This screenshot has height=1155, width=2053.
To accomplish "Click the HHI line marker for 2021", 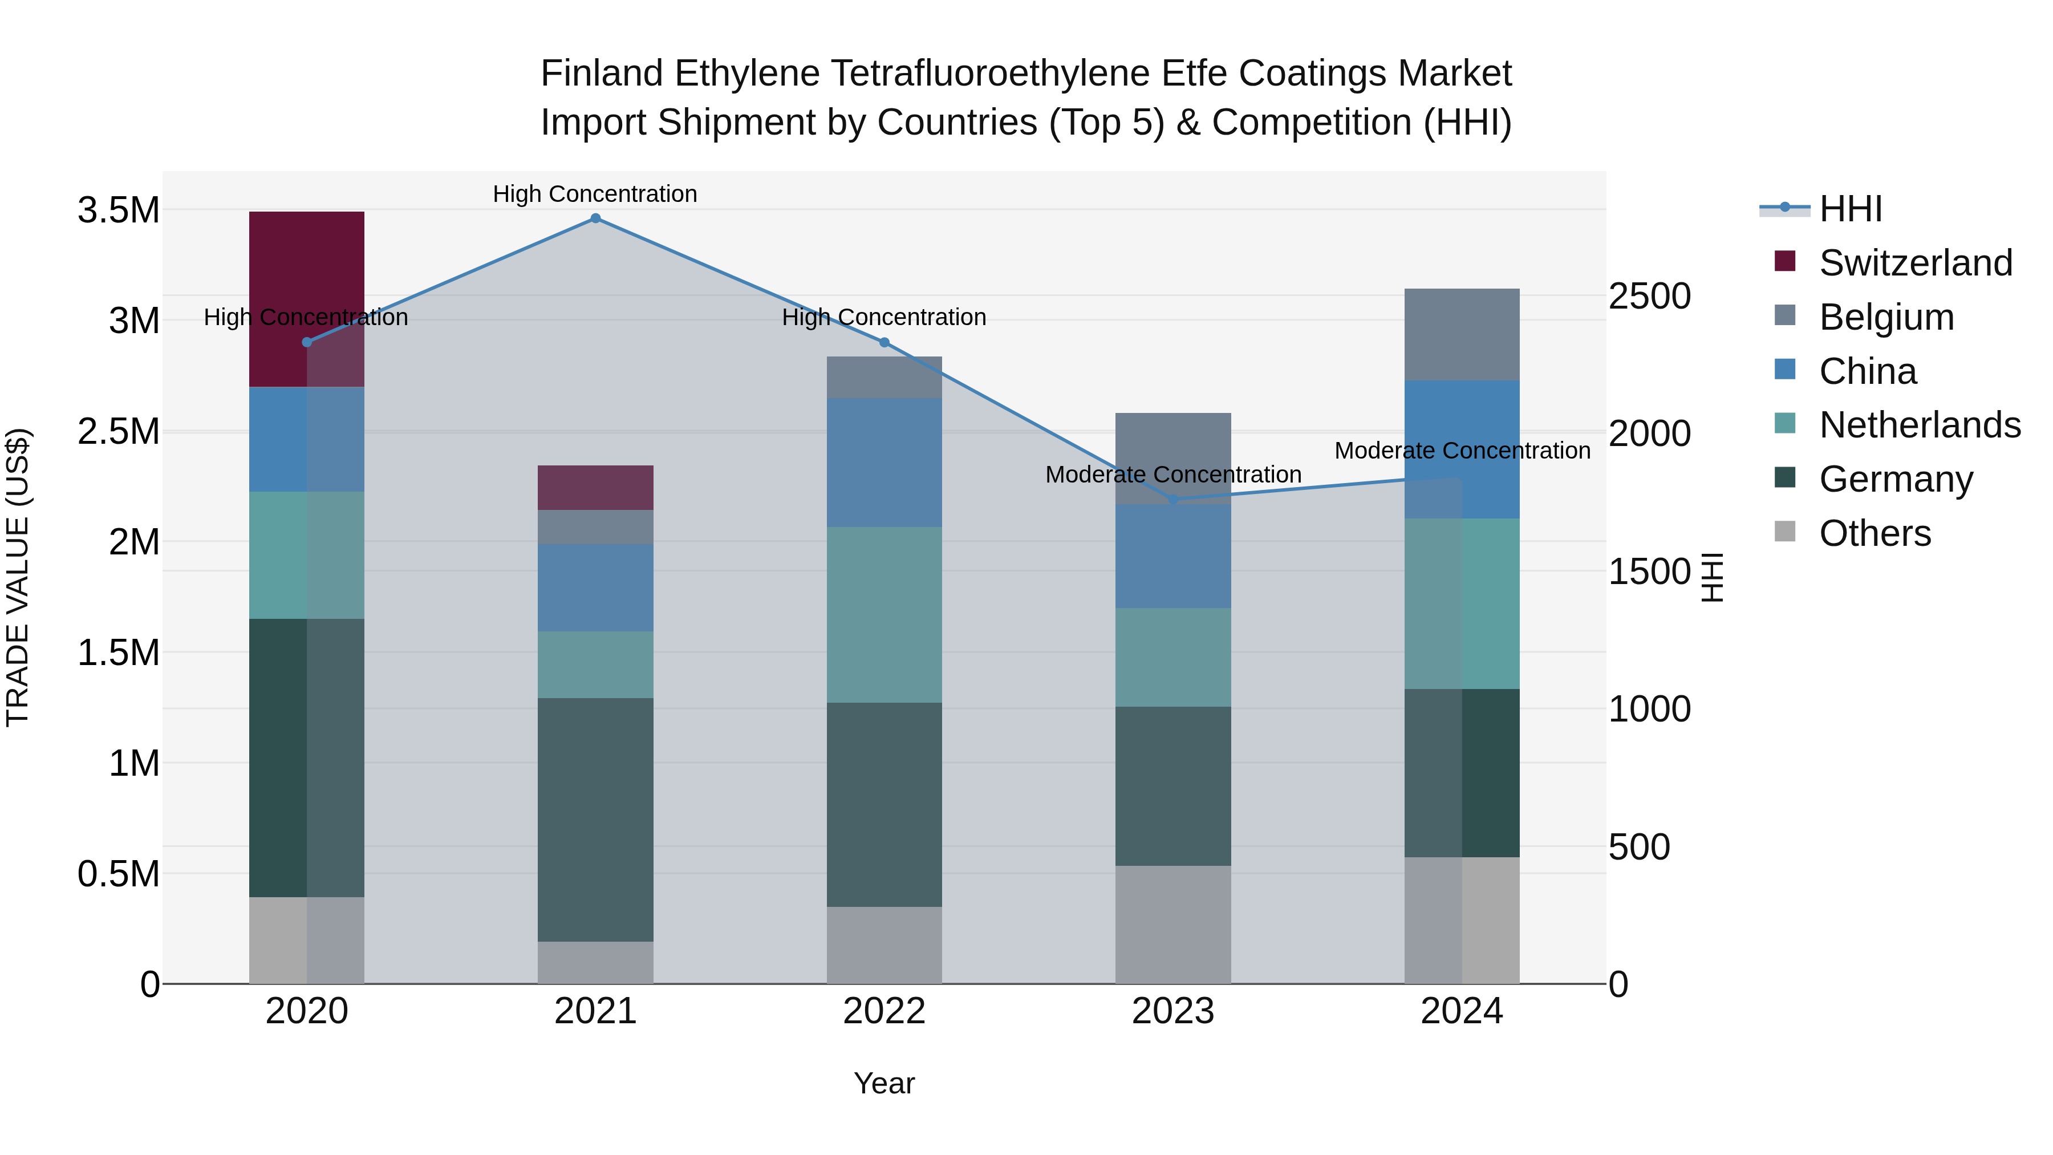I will click(595, 218).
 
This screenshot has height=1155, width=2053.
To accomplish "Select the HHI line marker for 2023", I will click(1173, 500).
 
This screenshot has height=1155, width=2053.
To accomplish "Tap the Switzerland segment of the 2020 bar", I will click(307, 299).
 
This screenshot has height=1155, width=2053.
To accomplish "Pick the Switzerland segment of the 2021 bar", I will click(595, 487).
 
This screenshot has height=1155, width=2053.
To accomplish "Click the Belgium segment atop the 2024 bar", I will click(1462, 334).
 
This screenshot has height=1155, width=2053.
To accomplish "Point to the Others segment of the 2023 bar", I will click(1173, 924).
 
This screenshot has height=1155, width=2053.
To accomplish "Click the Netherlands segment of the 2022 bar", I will click(884, 614).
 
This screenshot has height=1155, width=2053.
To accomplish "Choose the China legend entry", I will click(1867, 371).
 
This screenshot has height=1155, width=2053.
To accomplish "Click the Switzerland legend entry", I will click(1915, 263).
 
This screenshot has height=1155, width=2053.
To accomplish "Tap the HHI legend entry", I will click(1851, 209).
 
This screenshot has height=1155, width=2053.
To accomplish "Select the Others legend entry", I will click(1875, 533).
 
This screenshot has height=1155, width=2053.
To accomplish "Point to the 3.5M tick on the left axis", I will click(118, 210).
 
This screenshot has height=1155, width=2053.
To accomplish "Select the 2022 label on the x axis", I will click(884, 1011).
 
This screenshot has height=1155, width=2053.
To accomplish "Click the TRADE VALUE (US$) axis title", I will click(18, 577).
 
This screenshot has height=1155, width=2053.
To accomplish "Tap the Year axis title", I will click(884, 1083).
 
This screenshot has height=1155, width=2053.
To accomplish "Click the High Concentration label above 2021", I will click(595, 194).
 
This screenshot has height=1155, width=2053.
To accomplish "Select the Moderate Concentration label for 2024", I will click(1462, 451).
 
